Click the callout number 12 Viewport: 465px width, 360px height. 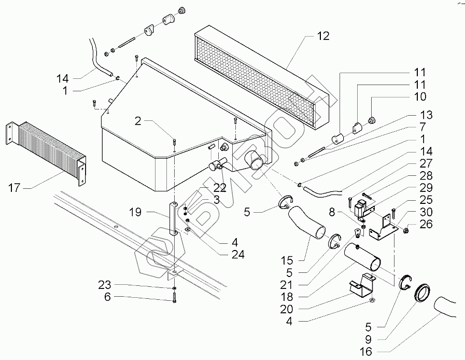coord(323,36)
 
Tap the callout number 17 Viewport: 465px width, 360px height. coord(14,188)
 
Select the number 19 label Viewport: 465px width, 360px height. coord(135,212)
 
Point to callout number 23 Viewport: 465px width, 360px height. coord(104,285)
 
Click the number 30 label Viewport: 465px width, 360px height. coord(426,212)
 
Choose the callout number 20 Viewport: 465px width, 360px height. coord(287,309)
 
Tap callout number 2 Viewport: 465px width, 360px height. coord(137,121)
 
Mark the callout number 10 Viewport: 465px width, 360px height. coord(419,96)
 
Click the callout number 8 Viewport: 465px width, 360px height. coord(332,212)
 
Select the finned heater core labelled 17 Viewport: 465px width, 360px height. coord(46,153)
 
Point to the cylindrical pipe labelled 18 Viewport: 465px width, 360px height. coord(362,257)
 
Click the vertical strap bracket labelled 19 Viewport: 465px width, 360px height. coord(174,219)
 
